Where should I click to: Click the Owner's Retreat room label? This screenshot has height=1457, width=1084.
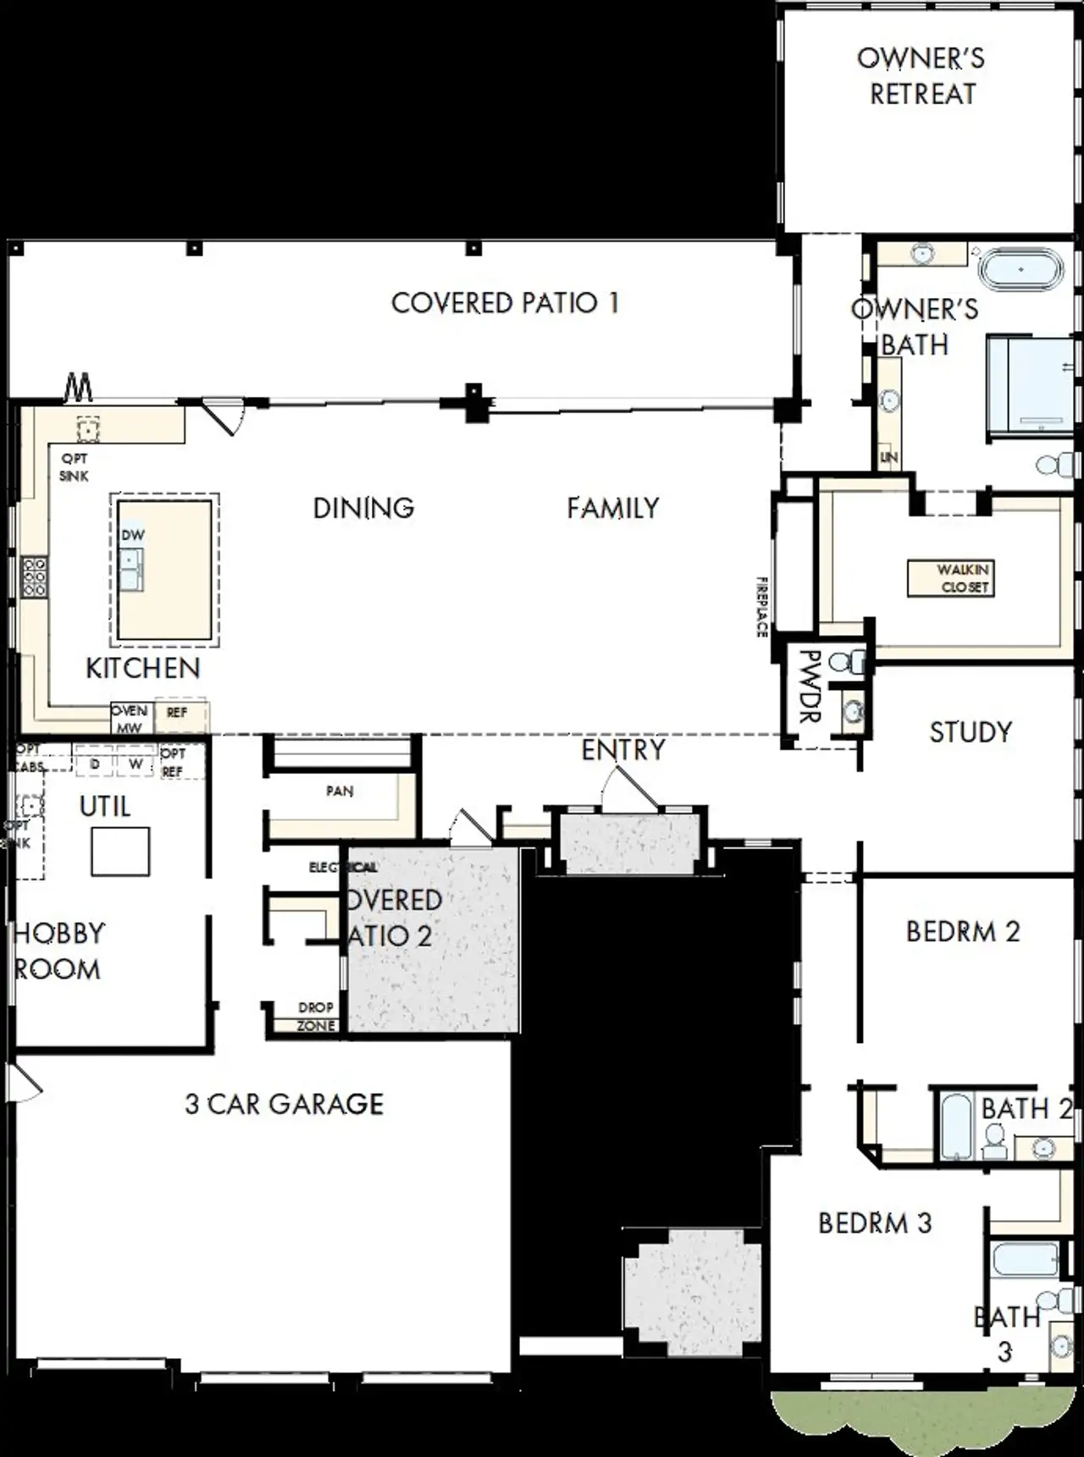[921, 76]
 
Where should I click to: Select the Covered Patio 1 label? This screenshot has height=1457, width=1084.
[505, 303]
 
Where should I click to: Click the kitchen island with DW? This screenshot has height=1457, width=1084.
[164, 569]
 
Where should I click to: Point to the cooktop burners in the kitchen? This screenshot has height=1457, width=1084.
[34, 577]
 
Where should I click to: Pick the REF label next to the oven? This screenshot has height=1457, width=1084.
[177, 713]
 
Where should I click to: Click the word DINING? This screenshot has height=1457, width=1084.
[363, 508]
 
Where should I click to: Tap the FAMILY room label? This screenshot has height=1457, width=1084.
[612, 508]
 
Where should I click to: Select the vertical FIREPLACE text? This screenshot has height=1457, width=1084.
[761, 606]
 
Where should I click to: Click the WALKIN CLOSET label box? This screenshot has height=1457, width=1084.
[950, 578]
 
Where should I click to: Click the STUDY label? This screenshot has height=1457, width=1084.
[971, 732]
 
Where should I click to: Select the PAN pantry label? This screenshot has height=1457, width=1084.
[340, 791]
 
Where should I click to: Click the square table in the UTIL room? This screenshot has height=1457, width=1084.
[121, 851]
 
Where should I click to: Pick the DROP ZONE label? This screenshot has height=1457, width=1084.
[316, 1016]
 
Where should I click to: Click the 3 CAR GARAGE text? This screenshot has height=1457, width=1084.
[285, 1104]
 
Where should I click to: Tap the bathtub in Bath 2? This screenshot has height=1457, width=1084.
[955, 1126]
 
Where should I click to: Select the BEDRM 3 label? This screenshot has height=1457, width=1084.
[875, 1222]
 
